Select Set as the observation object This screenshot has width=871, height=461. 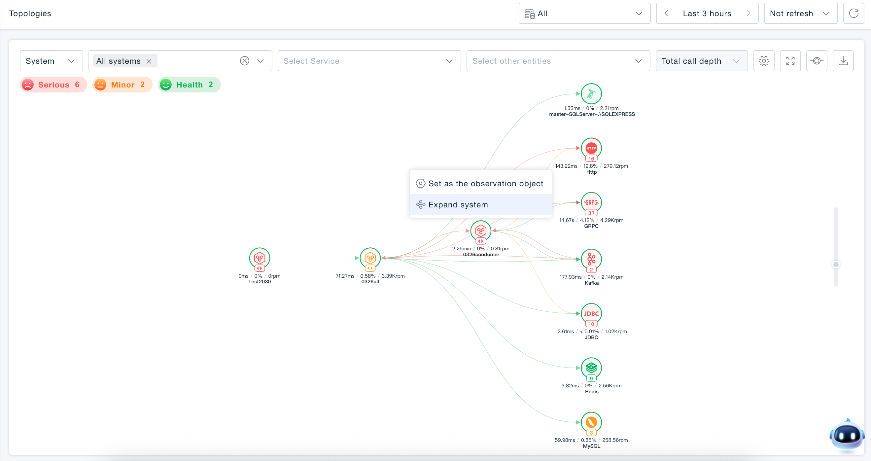pos(480,183)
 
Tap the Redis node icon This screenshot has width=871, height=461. pos(591,368)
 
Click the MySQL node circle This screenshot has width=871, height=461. pos(591,422)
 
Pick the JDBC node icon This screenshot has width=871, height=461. pos(591,313)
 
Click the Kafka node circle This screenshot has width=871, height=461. pos(591,259)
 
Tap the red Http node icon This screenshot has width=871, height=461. pos(591,148)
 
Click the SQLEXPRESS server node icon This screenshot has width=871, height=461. pos(591,94)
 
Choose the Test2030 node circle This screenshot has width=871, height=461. pos(259,258)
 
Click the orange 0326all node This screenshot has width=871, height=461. pos(370,258)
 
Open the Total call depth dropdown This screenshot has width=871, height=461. pos(702,61)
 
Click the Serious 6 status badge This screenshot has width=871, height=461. pos(53,85)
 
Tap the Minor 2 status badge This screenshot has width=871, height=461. pos(122,85)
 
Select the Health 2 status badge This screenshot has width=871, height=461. pos(189,85)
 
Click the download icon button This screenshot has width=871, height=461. pos(843,61)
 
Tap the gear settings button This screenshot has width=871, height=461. pos(764,61)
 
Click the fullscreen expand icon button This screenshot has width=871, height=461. pos(790,61)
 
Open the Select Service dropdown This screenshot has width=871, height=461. pos(369,61)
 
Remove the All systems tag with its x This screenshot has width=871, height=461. pos(149,61)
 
